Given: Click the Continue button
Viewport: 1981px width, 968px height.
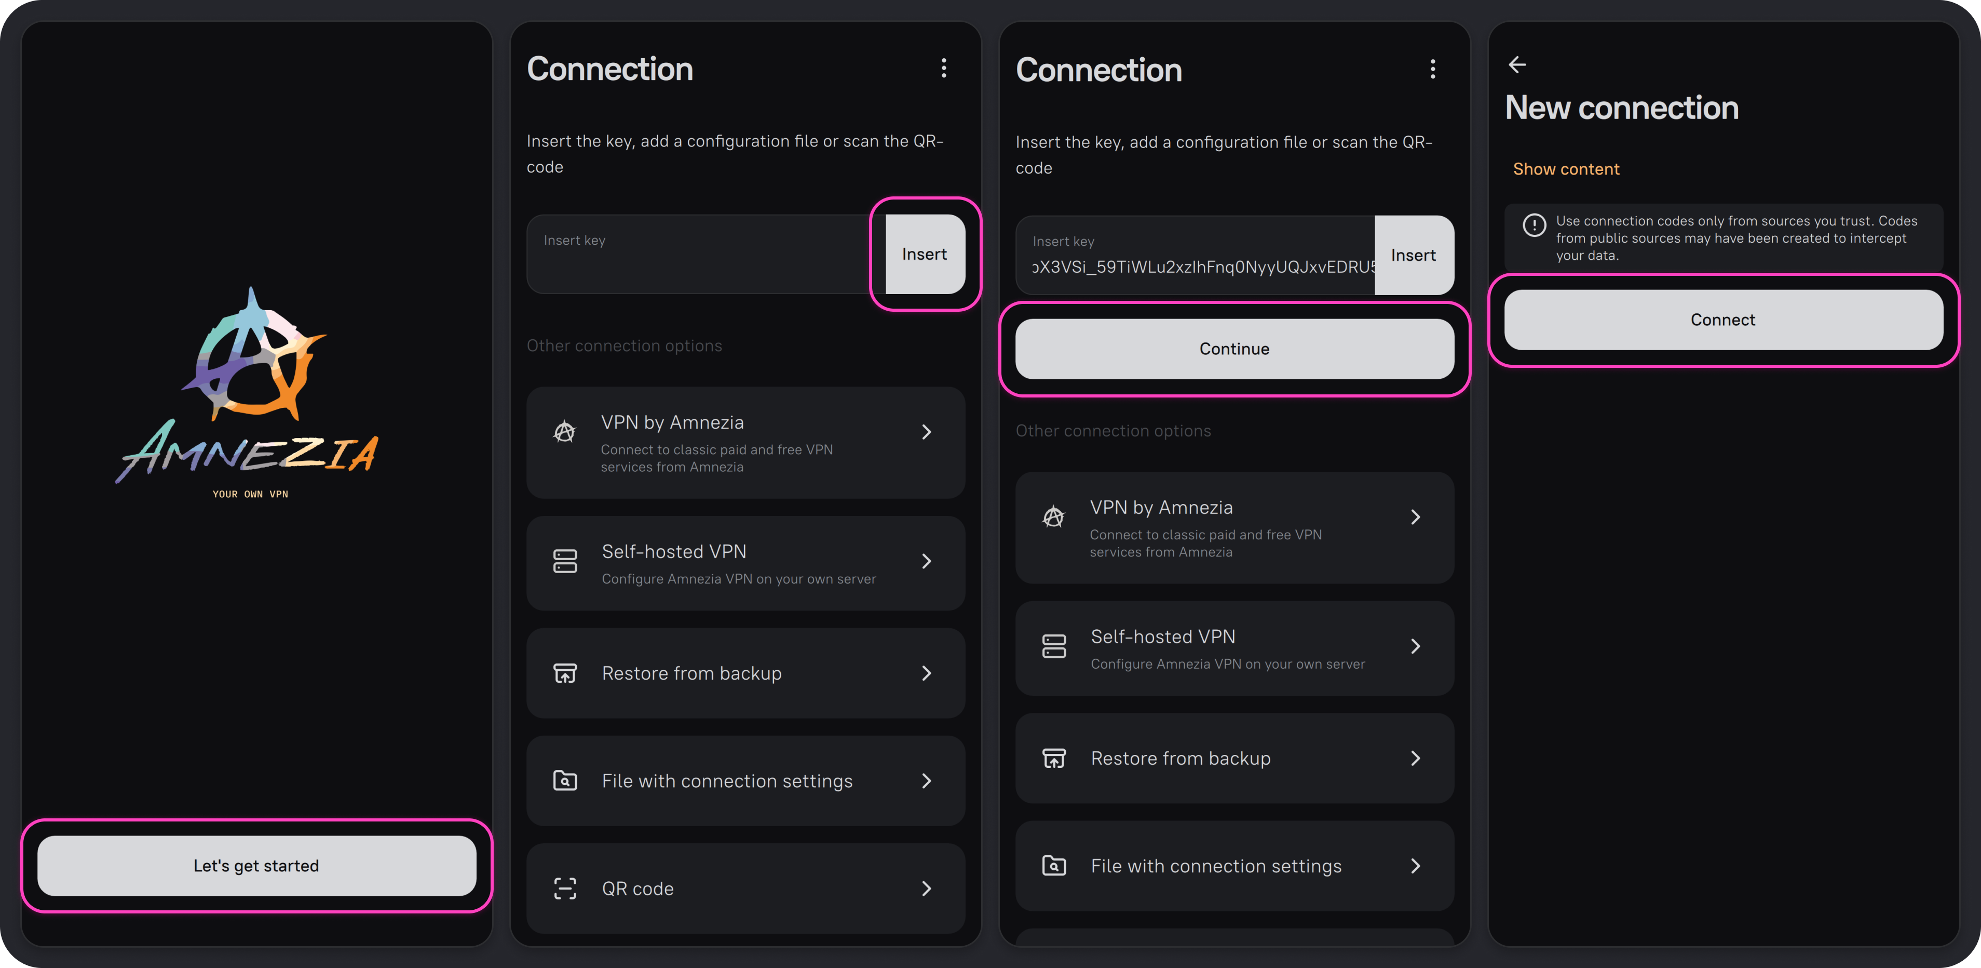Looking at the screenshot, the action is click(x=1234, y=349).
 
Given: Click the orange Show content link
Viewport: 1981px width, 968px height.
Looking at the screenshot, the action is click(x=1566, y=169).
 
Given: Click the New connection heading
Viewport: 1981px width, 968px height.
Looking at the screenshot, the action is click(x=1621, y=108).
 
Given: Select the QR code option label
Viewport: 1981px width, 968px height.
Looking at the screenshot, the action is click(x=637, y=889).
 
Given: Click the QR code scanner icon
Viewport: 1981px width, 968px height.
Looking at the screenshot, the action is click(x=565, y=889).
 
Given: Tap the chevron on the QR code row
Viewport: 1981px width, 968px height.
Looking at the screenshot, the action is click(x=927, y=889).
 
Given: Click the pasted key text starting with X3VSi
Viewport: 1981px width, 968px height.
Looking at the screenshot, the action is click(x=1203, y=267).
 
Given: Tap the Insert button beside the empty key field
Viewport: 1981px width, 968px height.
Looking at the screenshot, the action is click(x=925, y=254).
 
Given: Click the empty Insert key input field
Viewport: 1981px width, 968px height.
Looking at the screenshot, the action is click(x=706, y=254).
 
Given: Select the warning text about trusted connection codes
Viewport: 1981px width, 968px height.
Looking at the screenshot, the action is click(x=1736, y=238).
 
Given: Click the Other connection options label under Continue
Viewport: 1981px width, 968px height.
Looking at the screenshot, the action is click(x=1113, y=431).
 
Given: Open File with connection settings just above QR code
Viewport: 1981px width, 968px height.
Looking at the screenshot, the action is click(x=745, y=781).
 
